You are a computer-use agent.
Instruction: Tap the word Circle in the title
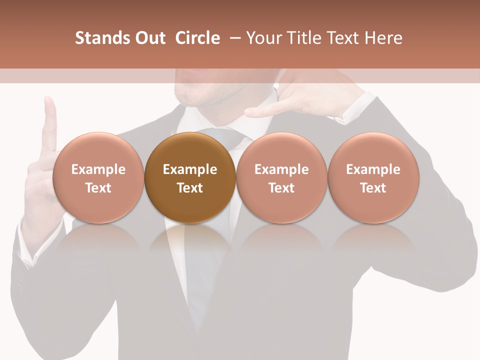click(x=197, y=38)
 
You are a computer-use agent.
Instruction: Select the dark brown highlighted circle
click(x=190, y=177)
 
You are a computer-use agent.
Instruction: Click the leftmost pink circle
click(x=98, y=177)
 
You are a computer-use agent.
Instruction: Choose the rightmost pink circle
click(x=373, y=177)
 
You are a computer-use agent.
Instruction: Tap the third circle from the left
click(x=281, y=177)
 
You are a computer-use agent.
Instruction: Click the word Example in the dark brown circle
click(x=190, y=169)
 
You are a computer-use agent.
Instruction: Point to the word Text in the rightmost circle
click(x=373, y=188)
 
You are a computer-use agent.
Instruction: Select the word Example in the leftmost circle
click(x=98, y=169)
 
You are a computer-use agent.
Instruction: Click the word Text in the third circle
click(x=281, y=188)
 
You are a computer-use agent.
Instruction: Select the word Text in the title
click(x=342, y=38)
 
